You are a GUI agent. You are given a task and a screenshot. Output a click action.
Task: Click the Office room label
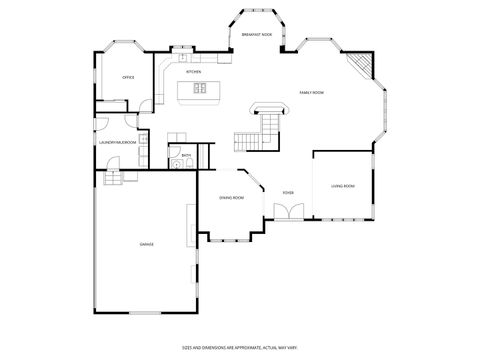128,77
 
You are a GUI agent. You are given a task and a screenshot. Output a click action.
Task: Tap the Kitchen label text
194,72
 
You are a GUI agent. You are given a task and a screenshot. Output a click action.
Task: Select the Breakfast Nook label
258,34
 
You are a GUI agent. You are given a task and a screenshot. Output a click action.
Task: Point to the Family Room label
311,92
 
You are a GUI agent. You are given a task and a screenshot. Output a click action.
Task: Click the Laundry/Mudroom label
117,143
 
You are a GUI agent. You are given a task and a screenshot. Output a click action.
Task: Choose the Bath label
186,155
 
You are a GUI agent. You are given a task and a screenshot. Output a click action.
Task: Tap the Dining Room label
232,198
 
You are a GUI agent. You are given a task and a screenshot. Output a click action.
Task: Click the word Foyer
287,193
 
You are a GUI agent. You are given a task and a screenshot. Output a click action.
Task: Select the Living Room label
343,186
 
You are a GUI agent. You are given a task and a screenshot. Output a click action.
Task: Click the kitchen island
198,91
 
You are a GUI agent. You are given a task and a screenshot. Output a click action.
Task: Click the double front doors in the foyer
287,213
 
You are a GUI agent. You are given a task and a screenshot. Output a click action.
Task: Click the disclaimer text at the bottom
237,347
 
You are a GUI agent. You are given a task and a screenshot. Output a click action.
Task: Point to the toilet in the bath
189,163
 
